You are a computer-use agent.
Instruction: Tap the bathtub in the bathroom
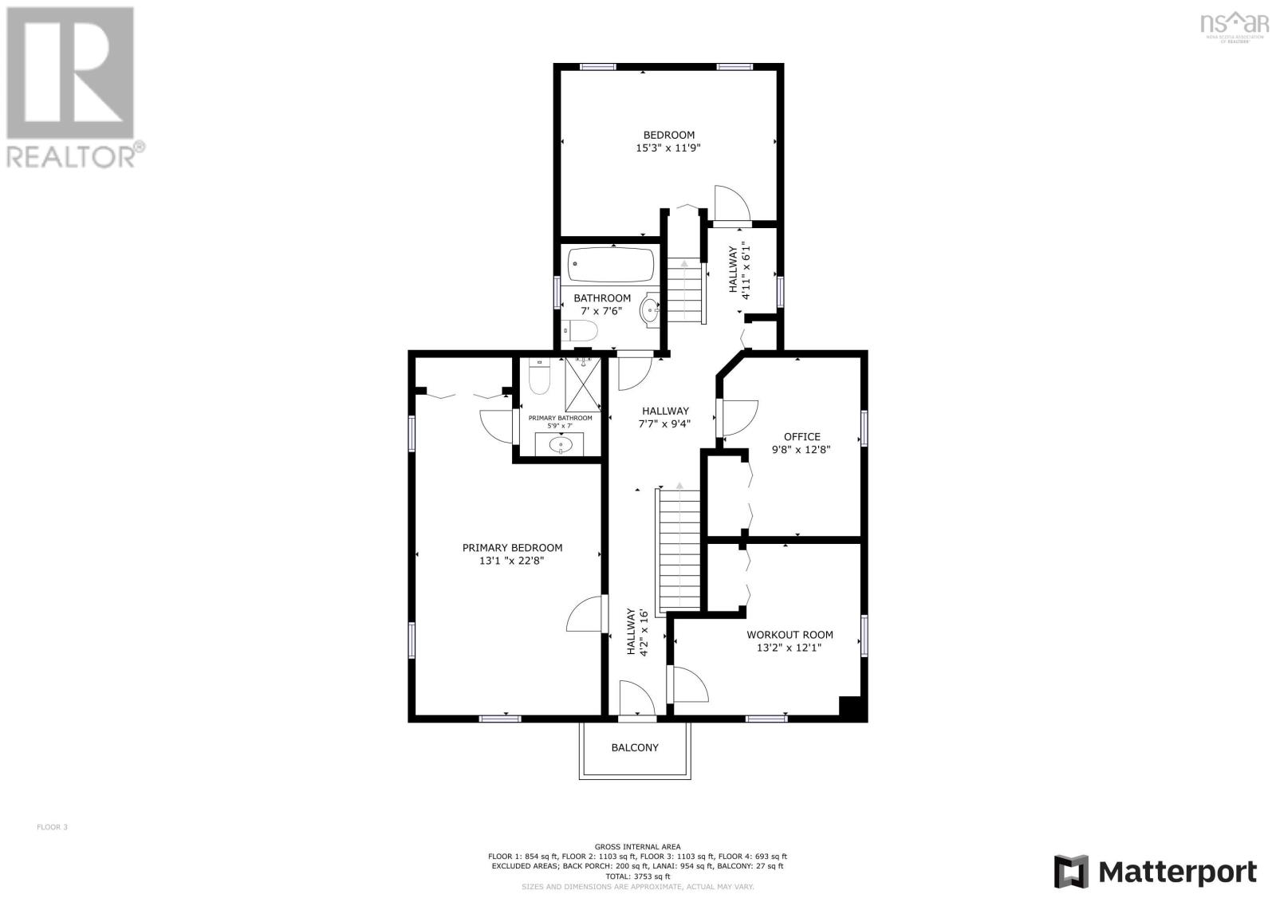(611, 265)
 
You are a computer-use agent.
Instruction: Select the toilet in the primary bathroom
(540, 378)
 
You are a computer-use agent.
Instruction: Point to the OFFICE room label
(801, 436)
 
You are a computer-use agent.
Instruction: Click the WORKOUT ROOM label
(790, 635)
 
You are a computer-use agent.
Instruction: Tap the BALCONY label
(635, 748)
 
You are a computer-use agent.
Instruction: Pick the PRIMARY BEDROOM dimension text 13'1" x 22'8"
(512, 561)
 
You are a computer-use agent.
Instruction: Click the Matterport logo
(1156, 871)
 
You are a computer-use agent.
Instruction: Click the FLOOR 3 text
(53, 827)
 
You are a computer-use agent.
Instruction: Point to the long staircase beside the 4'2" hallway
(679, 550)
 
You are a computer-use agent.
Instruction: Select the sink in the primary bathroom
(561, 443)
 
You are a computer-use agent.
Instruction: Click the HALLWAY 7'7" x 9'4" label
(664, 418)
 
